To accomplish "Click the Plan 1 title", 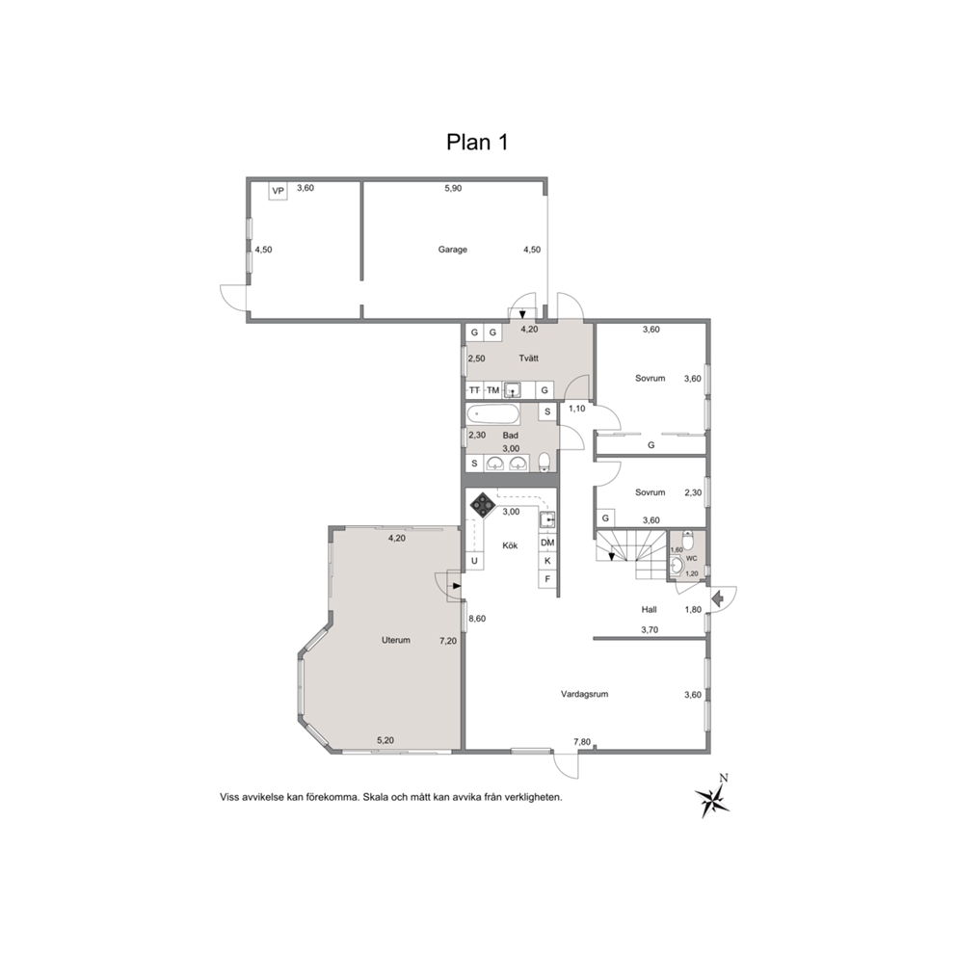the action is coord(477,142).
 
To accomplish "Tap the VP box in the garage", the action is coord(278,191).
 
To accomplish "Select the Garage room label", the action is coord(452,250).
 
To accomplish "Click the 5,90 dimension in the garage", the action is coord(453,188).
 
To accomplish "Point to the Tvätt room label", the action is coord(529,358).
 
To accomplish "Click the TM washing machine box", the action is coord(492,390).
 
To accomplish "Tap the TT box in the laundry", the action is coord(474,390).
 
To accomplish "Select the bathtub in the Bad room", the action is coord(493,415).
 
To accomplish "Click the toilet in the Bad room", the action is coord(545,462).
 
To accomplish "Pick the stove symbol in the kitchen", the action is coord(483,505).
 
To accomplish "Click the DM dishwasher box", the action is coord(547,543).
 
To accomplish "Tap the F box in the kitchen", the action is coord(547,579).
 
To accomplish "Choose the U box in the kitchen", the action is coord(474,561).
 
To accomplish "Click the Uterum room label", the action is coord(396,640).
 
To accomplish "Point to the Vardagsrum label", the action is coord(585,694).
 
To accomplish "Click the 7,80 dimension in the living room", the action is coord(582,742).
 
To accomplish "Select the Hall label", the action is coord(649,610).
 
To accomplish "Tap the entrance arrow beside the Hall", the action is coord(717,598).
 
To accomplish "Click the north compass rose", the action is coord(712,799).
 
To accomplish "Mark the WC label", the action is coord(691,558).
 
